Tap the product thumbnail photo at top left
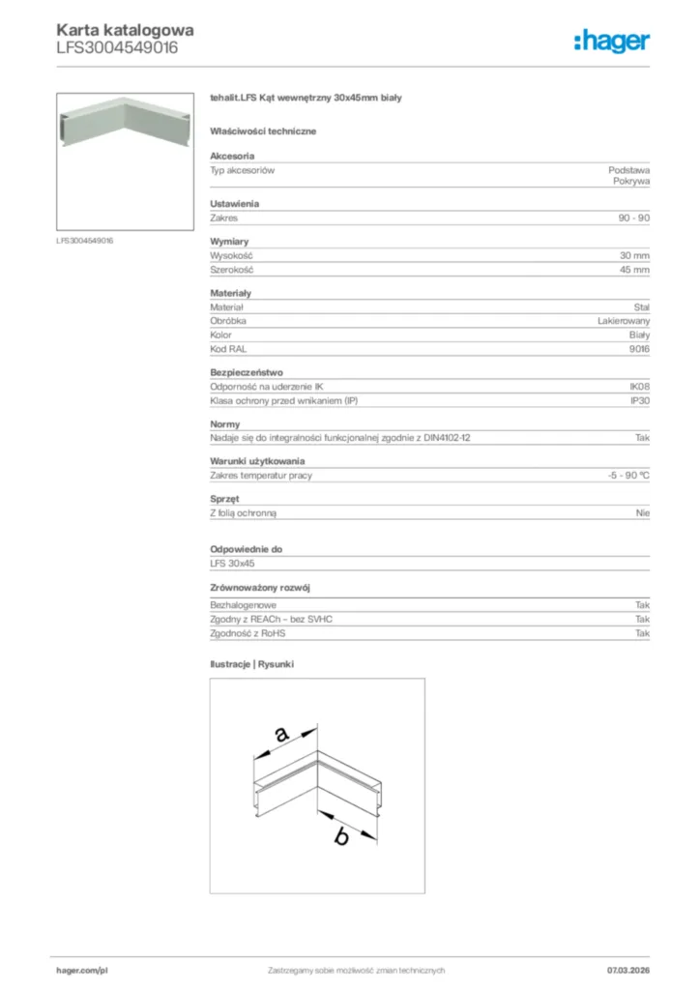[126, 161]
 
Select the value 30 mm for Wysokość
[634, 255]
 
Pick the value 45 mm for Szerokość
[634, 270]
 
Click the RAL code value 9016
[639, 348]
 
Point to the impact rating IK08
[639, 386]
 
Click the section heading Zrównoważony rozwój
[254, 588]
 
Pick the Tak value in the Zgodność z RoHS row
[642, 633]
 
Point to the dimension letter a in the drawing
[281, 735]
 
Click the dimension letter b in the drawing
[340, 837]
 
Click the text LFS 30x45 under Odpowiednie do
[232, 563]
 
